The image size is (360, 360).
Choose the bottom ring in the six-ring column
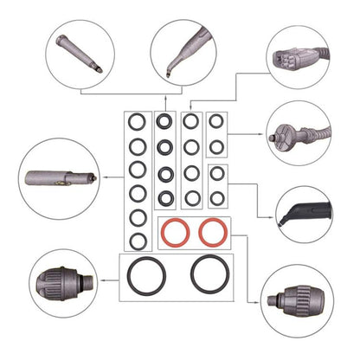tap(137, 238)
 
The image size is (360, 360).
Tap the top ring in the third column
tap(192, 122)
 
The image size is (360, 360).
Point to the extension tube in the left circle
tap(57, 175)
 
